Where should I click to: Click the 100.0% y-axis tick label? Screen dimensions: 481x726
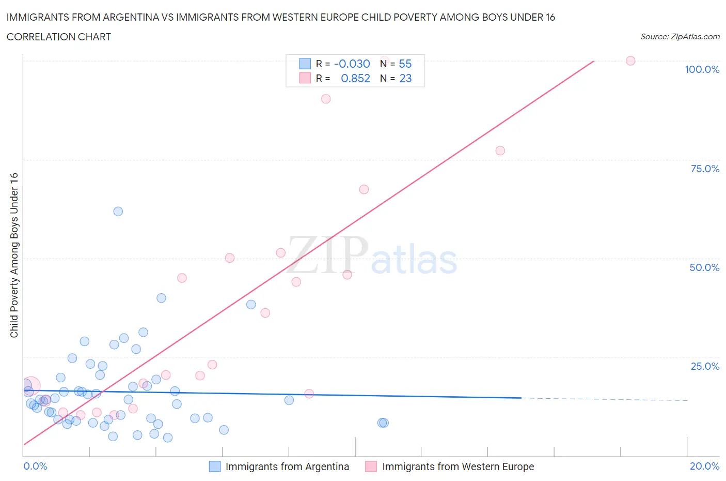(702, 69)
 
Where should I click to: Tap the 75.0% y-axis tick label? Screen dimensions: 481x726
(704, 169)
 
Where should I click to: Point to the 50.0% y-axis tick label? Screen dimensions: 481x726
(704, 267)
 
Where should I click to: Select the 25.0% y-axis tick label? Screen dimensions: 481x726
(704, 366)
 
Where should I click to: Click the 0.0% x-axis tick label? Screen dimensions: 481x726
(35, 466)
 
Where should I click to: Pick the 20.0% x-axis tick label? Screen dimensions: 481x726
(704, 466)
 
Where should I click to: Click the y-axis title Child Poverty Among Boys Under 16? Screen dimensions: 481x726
(14, 255)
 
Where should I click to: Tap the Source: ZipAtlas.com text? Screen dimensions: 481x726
(680, 37)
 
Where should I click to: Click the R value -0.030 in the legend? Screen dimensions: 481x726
(352, 64)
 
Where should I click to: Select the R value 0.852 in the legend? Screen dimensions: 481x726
(355, 78)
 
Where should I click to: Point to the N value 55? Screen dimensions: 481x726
(405, 64)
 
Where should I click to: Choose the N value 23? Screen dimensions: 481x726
(405, 78)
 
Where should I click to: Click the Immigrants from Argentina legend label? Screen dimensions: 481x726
(287, 467)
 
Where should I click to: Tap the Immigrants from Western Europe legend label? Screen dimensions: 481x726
(457, 467)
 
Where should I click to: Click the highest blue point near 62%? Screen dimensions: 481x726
(118, 211)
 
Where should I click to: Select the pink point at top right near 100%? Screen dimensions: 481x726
(630, 61)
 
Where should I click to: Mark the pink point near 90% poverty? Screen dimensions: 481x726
(326, 99)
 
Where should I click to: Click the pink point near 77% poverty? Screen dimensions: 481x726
(500, 151)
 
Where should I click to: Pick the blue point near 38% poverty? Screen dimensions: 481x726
(251, 304)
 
